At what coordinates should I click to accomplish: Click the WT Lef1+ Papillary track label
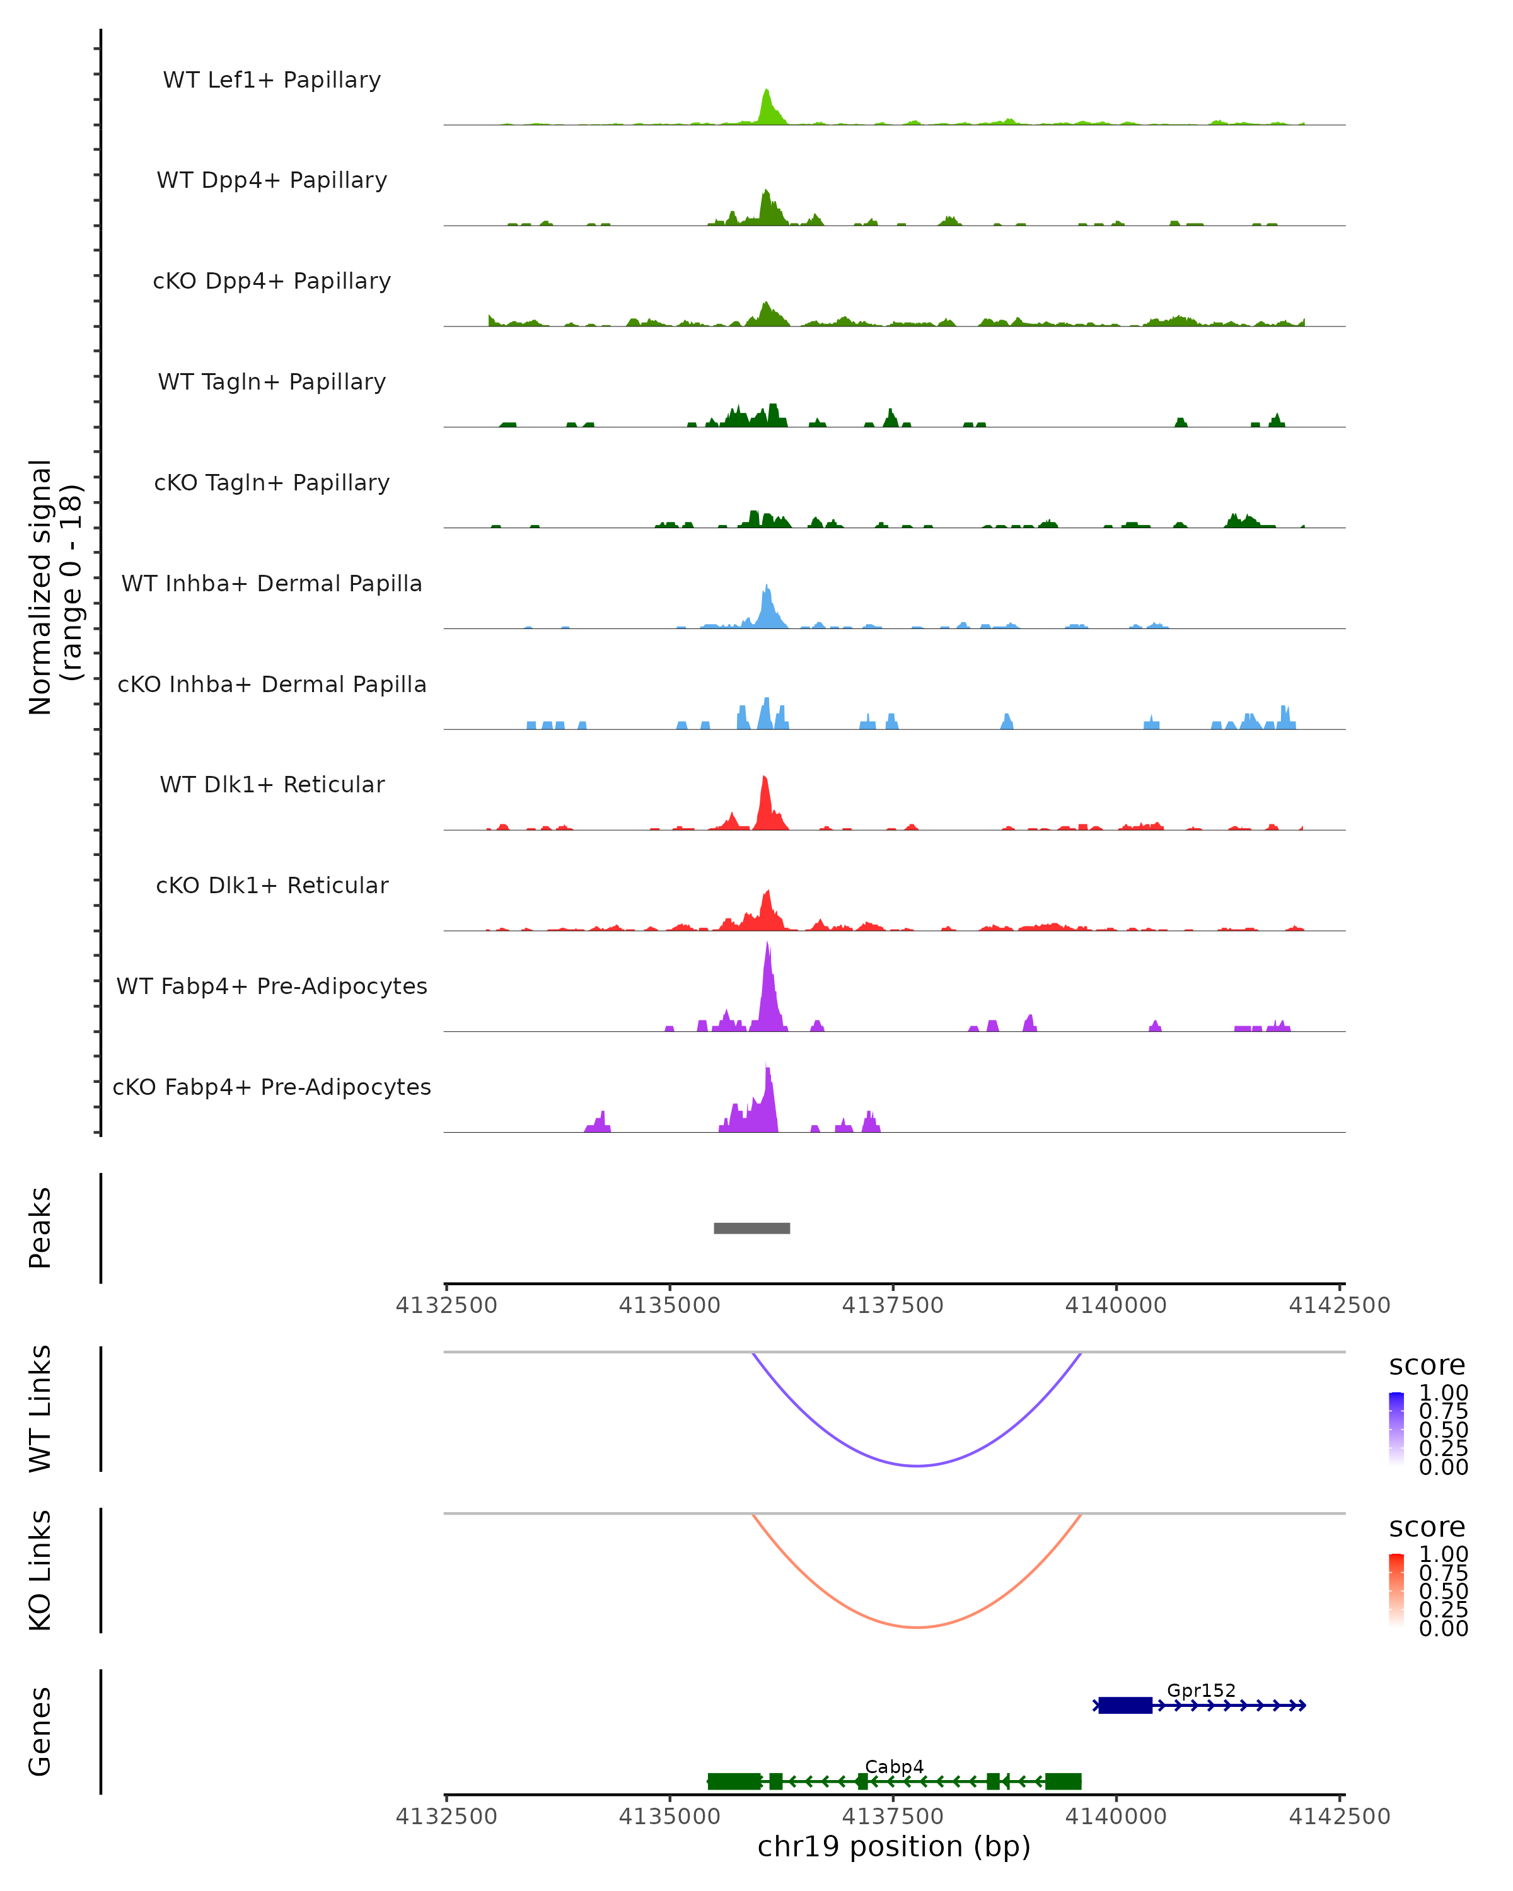click(x=272, y=80)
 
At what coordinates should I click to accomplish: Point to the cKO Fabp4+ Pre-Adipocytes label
click(x=272, y=1087)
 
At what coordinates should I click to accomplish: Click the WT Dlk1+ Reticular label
click(x=272, y=784)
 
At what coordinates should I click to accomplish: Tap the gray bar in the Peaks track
click(x=751, y=1228)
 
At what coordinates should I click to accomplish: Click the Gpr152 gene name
click(x=1201, y=1690)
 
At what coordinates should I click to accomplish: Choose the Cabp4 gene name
click(x=894, y=1766)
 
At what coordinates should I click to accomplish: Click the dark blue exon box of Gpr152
click(x=1125, y=1705)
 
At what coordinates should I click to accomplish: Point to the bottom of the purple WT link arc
click(x=917, y=1466)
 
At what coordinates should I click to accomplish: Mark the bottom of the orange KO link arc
click(x=917, y=1627)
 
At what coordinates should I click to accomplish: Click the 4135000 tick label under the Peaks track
click(x=670, y=1305)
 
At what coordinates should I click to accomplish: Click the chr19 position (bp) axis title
click(x=894, y=1846)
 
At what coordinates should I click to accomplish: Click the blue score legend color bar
click(x=1396, y=1428)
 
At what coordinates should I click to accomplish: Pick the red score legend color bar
click(x=1396, y=1589)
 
